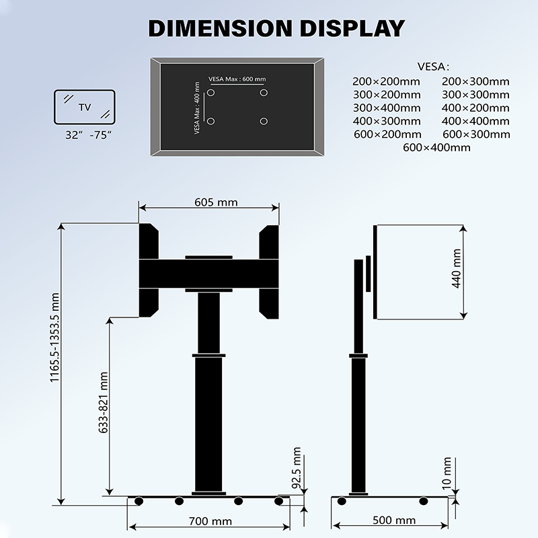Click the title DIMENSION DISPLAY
[x=276, y=28]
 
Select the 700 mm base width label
[x=210, y=521]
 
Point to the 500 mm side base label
[x=393, y=521]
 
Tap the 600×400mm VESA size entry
[x=436, y=147]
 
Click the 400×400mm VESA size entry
[x=475, y=121]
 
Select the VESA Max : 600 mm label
[x=235, y=78]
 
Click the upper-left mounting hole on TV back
[x=210, y=92]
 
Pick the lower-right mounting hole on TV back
[x=263, y=121]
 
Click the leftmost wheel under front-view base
[x=139, y=501]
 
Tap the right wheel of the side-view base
[x=423, y=501]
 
